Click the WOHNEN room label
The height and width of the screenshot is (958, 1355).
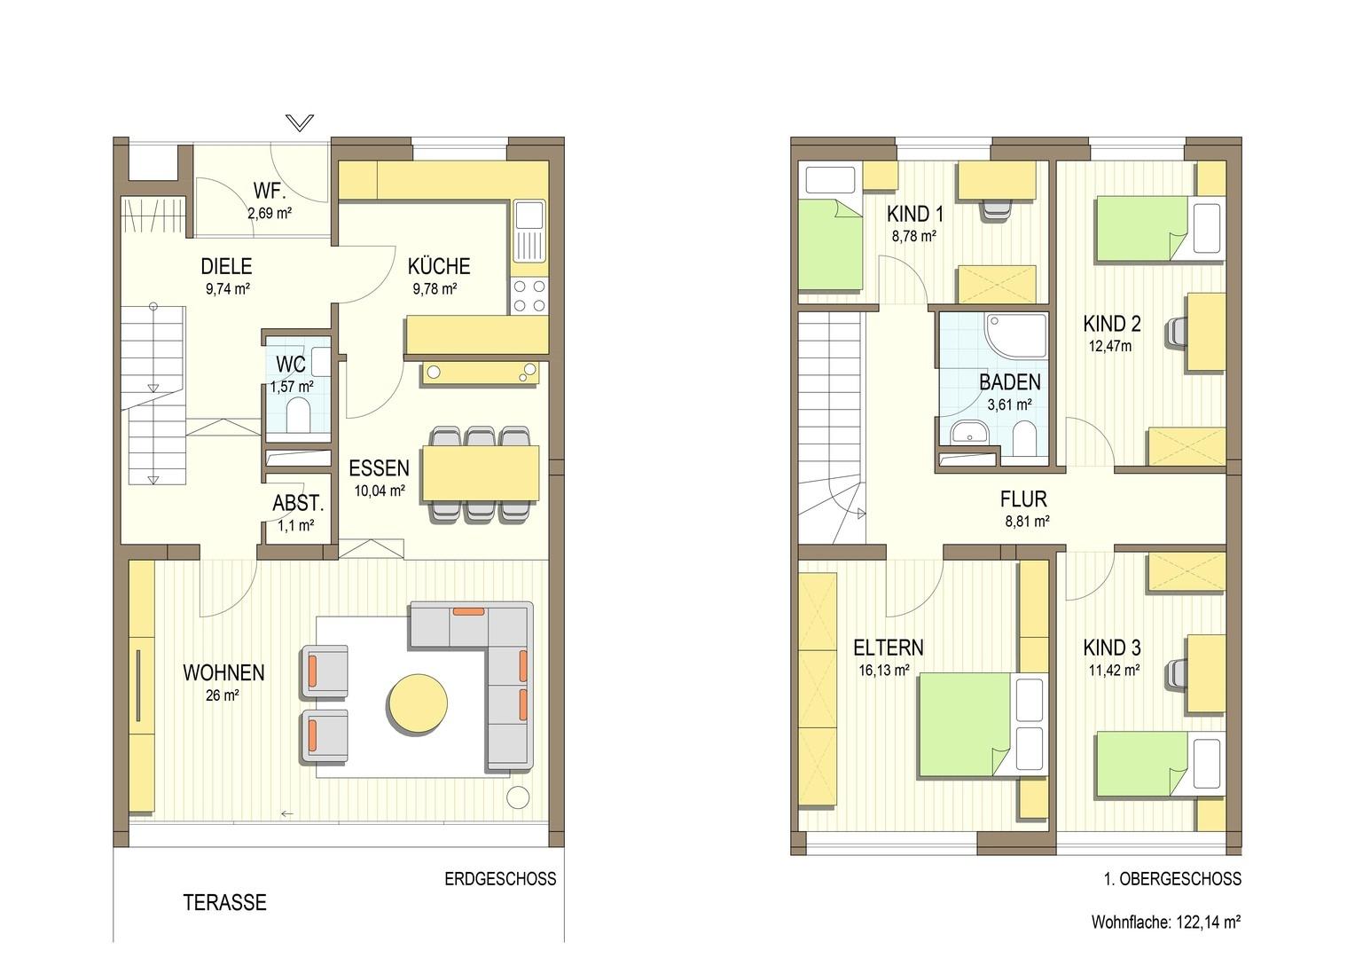(223, 672)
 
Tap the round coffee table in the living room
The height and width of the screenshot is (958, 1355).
(418, 704)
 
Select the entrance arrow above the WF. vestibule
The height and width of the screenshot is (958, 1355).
(300, 122)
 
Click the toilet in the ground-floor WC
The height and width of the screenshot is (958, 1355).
(298, 417)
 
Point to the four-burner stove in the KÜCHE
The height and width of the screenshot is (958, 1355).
(529, 296)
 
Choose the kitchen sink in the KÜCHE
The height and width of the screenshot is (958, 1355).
(529, 230)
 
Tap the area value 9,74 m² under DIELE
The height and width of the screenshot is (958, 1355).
(227, 288)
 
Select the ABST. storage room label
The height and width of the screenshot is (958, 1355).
(298, 503)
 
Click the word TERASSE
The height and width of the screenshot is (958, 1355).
(225, 902)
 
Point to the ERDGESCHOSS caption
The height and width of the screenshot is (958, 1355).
(500, 879)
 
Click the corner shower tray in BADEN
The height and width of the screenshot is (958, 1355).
(1015, 336)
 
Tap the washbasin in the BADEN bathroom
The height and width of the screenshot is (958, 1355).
(969, 433)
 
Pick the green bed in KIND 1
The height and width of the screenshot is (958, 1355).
(830, 245)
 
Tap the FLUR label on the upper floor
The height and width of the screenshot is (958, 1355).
(1023, 499)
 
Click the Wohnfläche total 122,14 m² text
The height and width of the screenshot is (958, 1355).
(1166, 923)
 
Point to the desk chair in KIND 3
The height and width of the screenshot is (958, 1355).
(1177, 673)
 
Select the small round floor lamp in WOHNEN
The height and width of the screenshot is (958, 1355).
(518, 797)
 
